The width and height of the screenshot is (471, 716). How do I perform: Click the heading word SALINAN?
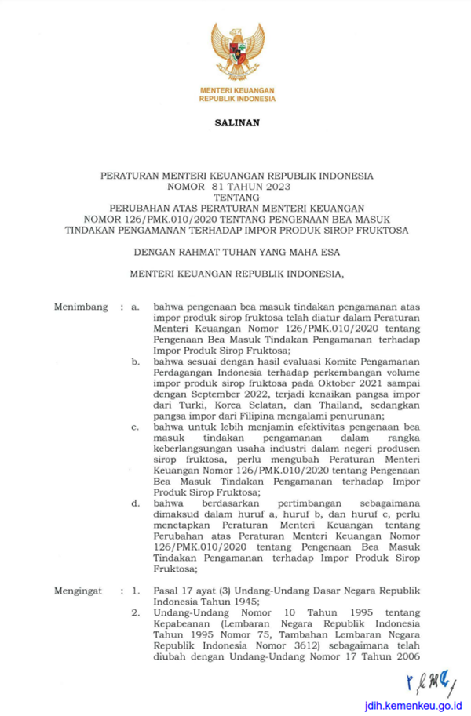point(235,123)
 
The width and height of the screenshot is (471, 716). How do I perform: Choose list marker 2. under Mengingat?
point(136,612)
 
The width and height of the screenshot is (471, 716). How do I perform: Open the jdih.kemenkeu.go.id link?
point(411,705)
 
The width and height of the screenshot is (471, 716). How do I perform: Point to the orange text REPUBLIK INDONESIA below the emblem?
point(235,100)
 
